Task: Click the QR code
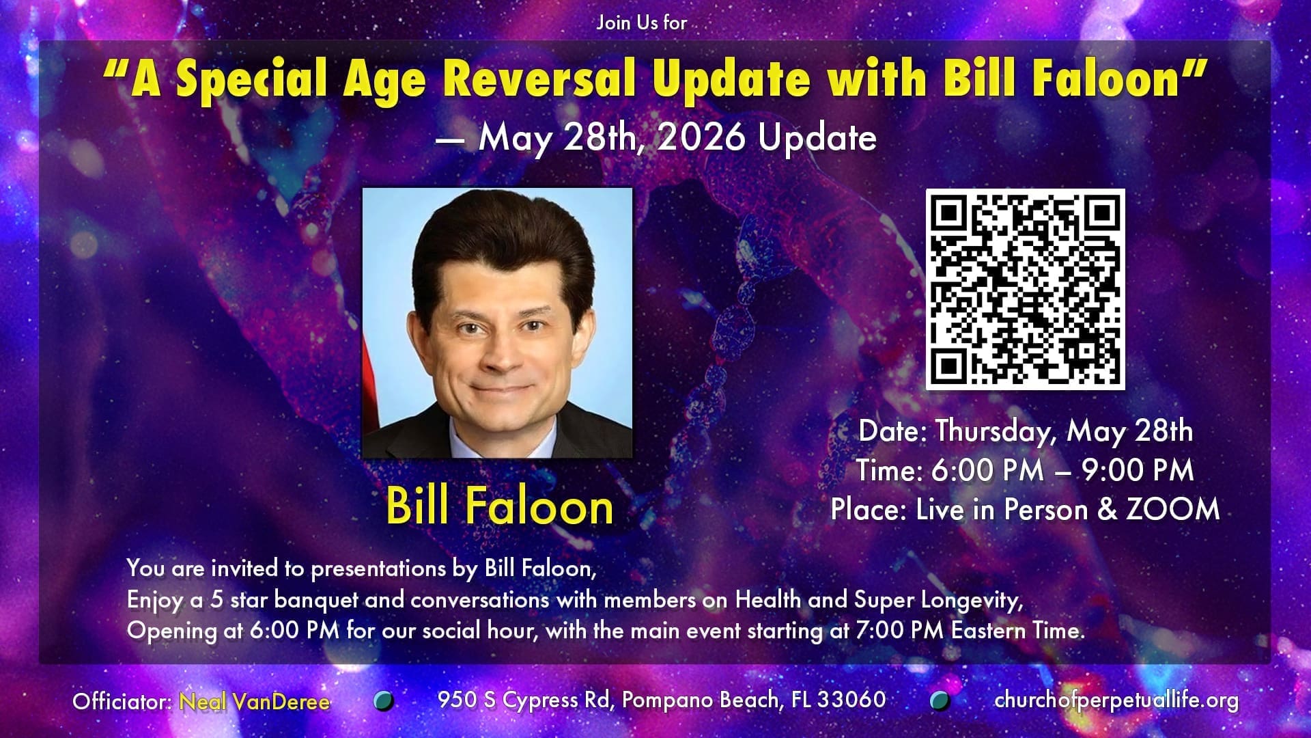[x=1025, y=289]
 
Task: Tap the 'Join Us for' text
[x=642, y=23]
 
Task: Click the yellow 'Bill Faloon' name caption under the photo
[x=500, y=506]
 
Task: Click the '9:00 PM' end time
[x=1138, y=470]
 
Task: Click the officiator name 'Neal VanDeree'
[x=255, y=701]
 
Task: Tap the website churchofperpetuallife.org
[x=1116, y=700]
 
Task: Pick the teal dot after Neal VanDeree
[x=384, y=700]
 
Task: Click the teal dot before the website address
[x=940, y=700]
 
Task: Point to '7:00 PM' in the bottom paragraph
[x=899, y=629]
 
